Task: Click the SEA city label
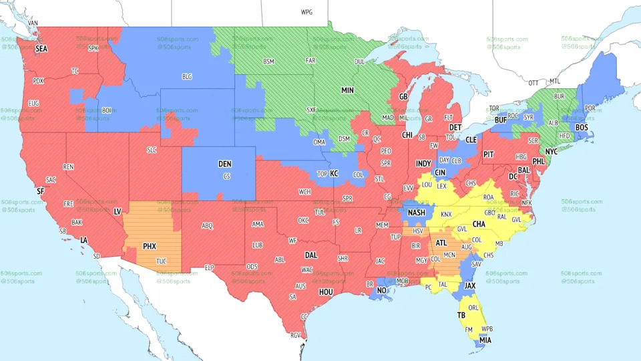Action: (x=42, y=49)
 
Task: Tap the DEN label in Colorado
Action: (x=225, y=164)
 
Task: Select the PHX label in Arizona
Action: (x=150, y=246)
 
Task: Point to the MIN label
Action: (x=348, y=90)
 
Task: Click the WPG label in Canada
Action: (x=306, y=12)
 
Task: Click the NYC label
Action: (x=551, y=152)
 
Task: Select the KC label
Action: (x=334, y=173)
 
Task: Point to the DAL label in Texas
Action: (x=311, y=255)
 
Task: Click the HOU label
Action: (x=325, y=292)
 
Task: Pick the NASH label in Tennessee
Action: (x=417, y=213)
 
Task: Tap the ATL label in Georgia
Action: (x=441, y=243)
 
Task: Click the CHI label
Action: (x=407, y=135)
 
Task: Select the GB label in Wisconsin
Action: (x=403, y=97)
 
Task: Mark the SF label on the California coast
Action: (x=40, y=191)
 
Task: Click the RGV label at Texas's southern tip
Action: (x=296, y=336)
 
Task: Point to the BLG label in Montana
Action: (x=187, y=77)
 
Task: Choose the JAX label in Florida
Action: (x=470, y=285)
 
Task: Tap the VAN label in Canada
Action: (x=33, y=23)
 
